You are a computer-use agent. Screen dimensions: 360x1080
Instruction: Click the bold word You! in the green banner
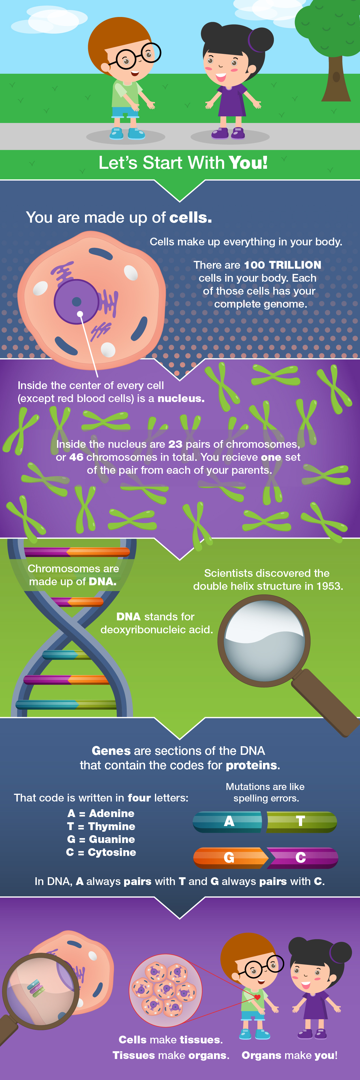pyautogui.click(x=248, y=163)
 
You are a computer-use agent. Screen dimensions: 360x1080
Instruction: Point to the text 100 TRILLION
pyautogui.click(x=283, y=265)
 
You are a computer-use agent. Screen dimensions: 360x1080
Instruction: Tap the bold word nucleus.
pyautogui.click(x=181, y=398)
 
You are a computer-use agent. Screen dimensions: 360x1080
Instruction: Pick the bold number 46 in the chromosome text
pyautogui.click(x=76, y=457)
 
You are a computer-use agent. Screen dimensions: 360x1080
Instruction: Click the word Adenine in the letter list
pyautogui.click(x=111, y=813)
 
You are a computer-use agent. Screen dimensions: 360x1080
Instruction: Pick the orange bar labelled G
pyautogui.click(x=230, y=857)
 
